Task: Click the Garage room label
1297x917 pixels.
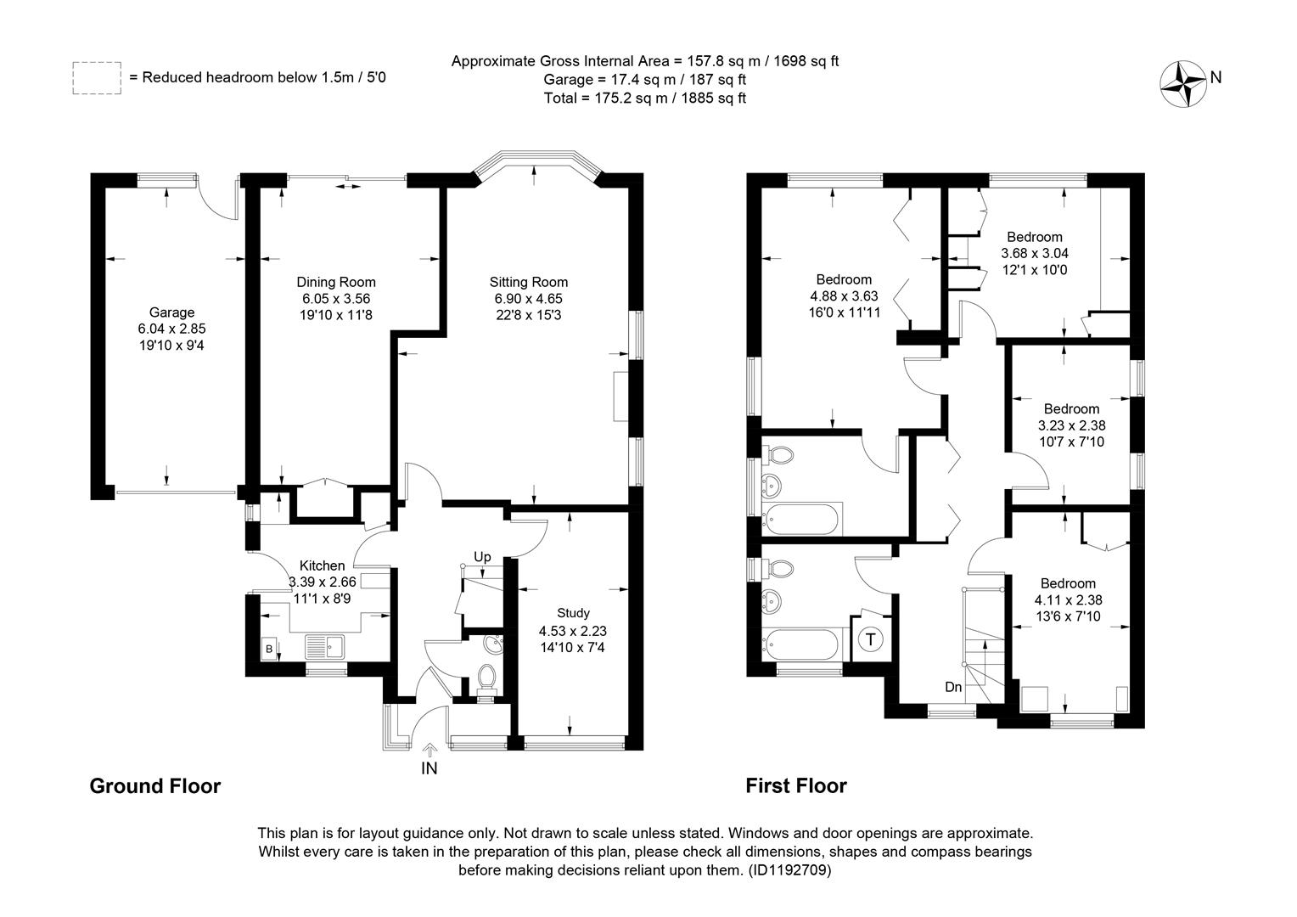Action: point(171,312)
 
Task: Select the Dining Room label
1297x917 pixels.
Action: point(336,282)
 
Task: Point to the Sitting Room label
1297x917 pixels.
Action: point(529,282)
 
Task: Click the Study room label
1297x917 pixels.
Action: point(573,613)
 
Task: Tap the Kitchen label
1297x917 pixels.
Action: point(322,565)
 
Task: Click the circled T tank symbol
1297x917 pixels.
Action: point(870,639)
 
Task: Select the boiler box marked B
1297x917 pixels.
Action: point(270,649)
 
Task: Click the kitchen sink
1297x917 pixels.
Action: point(324,646)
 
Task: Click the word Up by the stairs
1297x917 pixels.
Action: point(482,557)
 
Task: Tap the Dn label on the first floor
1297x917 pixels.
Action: point(953,687)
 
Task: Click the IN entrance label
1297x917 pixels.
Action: point(429,768)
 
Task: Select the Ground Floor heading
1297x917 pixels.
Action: point(155,786)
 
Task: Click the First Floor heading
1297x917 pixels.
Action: point(796,786)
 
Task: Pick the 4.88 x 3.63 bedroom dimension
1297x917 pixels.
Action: point(844,296)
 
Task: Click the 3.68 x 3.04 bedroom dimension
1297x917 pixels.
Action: point(1035,253)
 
